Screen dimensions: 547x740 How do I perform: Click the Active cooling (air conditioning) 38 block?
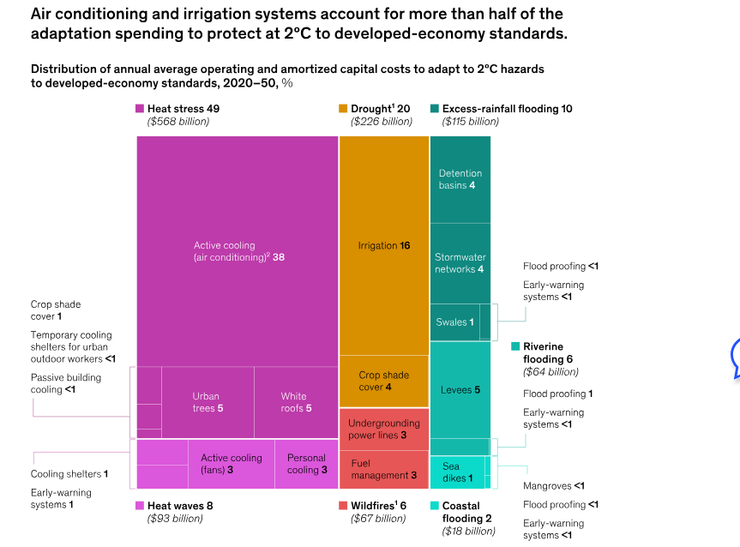[x=238, y=251]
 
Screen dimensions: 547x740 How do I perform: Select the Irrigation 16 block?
[x=383, y=246]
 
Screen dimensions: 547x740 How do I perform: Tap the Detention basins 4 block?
[x=460, y=179]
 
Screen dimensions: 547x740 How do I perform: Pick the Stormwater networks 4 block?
[x=460, y=262]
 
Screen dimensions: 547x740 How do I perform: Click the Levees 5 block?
[x=460, y=390]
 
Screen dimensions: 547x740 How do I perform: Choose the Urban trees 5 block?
[x=208, y=402]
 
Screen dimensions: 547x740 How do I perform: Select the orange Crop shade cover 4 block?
[x=383, y=381]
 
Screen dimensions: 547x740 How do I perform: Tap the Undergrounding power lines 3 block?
[x=383, y=429]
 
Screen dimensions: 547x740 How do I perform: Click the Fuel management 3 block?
[x=383, y=469]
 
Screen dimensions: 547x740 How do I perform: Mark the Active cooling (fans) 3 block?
[x=231, y=464]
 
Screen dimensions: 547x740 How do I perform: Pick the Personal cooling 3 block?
[x=306, y=464]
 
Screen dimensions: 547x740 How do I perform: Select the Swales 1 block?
[x=454, y=322]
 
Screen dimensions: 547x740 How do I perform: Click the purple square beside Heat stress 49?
[x=140, y=109]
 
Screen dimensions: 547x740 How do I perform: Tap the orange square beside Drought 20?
[x=343, y=109]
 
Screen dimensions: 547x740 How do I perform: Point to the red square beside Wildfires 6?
[x=343, y=506]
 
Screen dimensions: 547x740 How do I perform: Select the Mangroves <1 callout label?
[x=554, y=486]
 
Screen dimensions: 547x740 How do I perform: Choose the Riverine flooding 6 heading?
[x=549, y=352]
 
